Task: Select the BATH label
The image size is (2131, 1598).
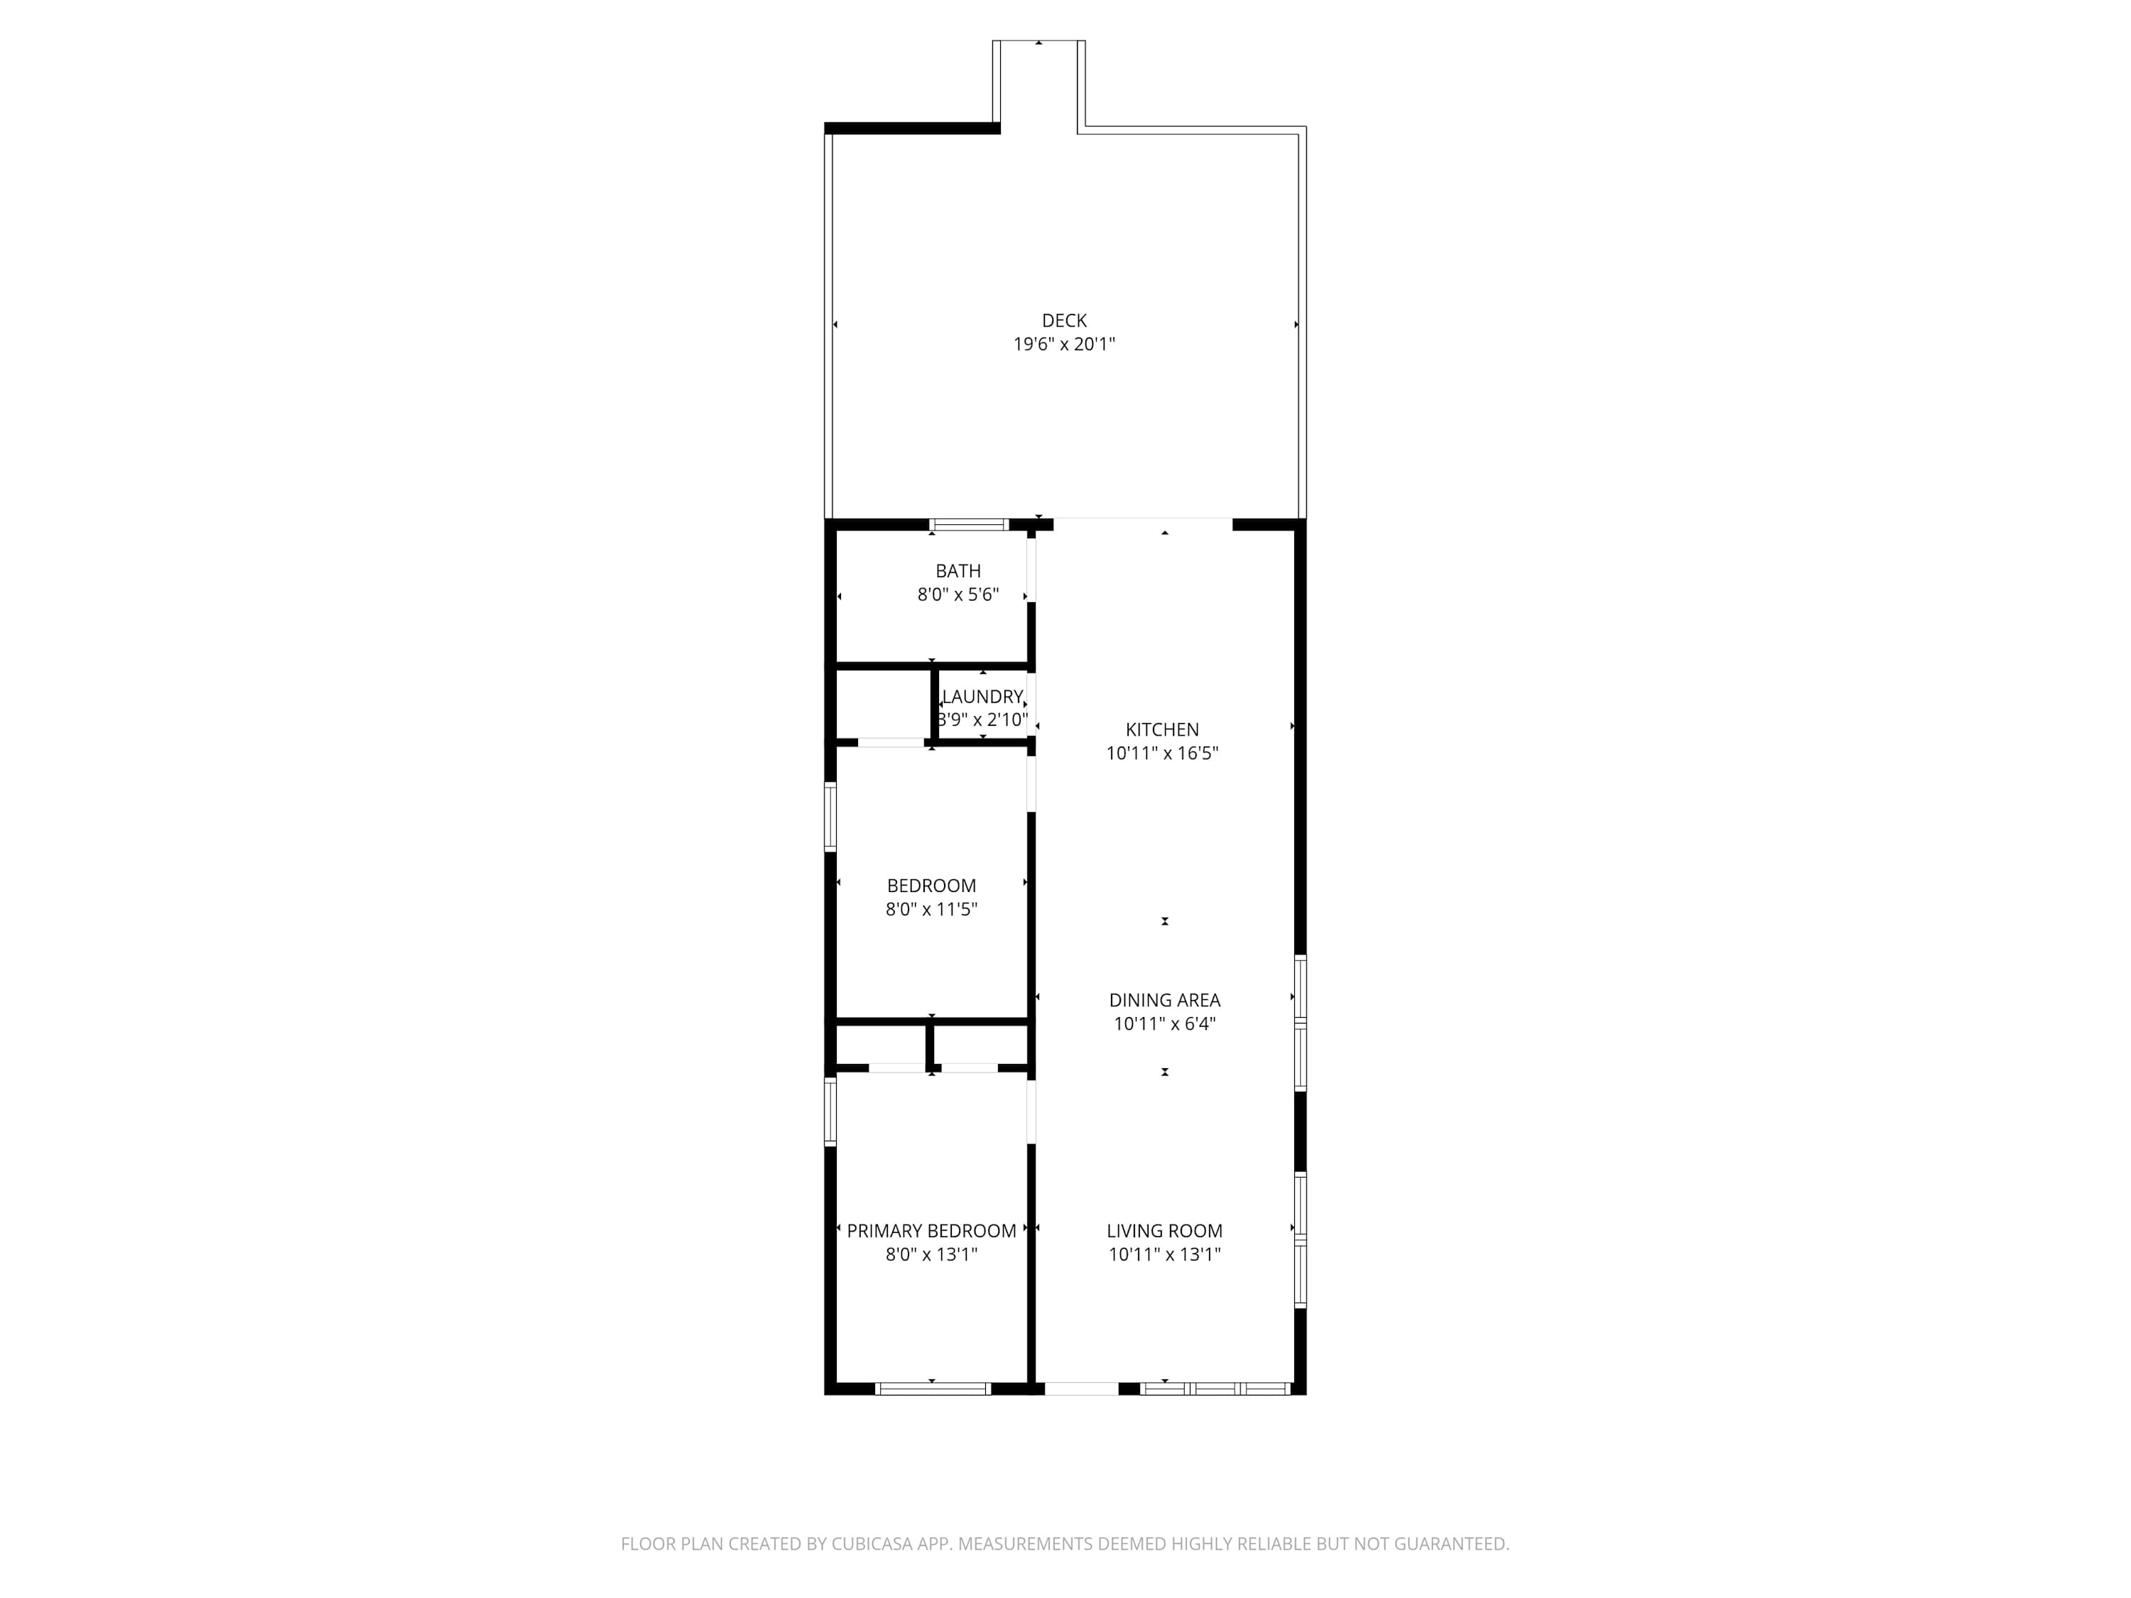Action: coord(958,571)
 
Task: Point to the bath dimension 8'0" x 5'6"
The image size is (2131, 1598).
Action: coord(958,594)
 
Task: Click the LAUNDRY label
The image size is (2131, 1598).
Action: coord(982,697)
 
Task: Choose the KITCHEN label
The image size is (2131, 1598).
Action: coord(1162,730)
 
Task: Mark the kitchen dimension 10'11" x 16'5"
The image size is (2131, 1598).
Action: coord(1162,754)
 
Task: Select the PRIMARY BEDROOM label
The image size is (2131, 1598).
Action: coord(931,1231)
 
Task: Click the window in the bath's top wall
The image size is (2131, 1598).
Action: coord(969,525)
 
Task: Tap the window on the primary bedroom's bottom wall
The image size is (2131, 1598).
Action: coord(933,1389)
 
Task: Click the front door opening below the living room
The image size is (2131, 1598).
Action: coord(1081,1389)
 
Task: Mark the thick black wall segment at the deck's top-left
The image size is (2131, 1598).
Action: coord(912,128)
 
